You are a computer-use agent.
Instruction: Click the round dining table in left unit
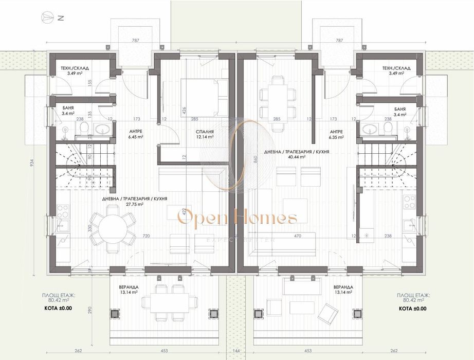[x=114, y=228]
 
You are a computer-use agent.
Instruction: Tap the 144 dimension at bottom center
[x=237, y=351]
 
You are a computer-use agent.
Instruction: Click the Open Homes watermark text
[x=237, y=218]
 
